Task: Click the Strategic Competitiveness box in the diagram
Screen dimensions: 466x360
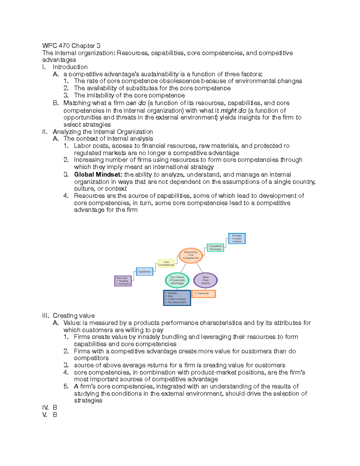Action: (x=237, y=239)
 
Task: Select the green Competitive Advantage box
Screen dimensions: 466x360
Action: (x=215, y=248)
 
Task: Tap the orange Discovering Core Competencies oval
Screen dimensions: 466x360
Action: (x=191, y=255)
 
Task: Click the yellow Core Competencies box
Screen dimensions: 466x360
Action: (x=166, y=263)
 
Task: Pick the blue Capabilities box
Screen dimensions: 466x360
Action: (x=144, y=272)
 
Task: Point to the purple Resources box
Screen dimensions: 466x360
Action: (x=123, y=281)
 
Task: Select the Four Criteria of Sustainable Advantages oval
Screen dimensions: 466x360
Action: (x=177, y=280)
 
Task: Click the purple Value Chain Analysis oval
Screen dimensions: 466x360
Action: (x=205, y=280)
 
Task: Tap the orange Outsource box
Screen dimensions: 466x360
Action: (x=203, y=293)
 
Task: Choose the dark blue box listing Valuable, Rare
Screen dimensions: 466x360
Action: (x=177, y=298)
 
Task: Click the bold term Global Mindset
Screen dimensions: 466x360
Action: (x=98, y=175)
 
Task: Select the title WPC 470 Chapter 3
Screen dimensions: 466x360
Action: (x=71, y=46)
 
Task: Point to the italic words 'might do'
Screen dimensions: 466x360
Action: (x=233, y=110)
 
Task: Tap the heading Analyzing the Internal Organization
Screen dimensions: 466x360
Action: (x=103, y=132)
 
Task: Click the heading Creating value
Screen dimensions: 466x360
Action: (x=73, y=316)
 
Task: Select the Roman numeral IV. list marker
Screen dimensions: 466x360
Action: (x=45, y=407)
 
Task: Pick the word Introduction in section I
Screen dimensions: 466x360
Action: (x=70, y=67)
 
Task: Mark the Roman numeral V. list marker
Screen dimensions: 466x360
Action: (x=45, y=415)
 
